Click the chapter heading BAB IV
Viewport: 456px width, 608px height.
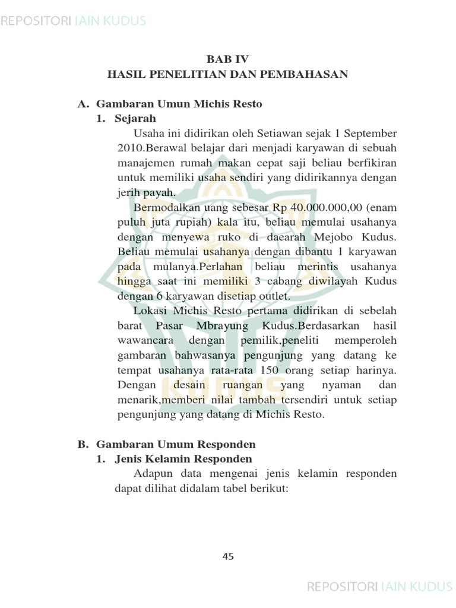[227, 59]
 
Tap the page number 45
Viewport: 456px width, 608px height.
[228, 556]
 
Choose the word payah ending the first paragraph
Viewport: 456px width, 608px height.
[161, 192]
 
